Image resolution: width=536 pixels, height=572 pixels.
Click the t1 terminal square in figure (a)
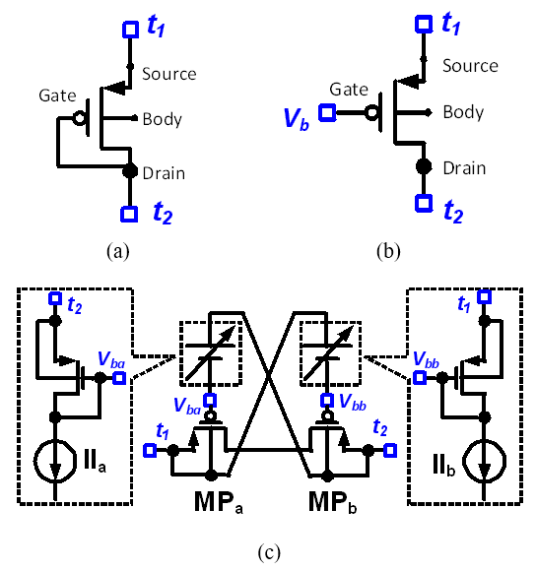[x=130, y=30]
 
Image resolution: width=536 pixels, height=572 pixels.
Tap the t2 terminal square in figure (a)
[x=129, y=214]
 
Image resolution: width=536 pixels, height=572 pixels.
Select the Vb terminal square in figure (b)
[x=327, y=112]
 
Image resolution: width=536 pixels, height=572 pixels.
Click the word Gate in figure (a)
[x=57, y=95]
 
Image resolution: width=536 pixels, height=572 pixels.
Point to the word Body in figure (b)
[x=463, y=112]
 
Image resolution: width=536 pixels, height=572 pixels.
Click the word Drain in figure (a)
[x=164, y=173]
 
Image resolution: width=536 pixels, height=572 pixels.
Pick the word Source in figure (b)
[x=470, y=66]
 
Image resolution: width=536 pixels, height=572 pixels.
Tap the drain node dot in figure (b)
[x=424, y=166]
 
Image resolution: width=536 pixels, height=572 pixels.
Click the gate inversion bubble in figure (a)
[x=79, y=118]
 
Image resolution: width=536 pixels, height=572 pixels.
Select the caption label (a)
[x=118, y=251]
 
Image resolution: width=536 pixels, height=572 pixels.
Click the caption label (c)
[x=269, y=552]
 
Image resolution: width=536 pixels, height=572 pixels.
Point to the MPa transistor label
[x=219, y=503]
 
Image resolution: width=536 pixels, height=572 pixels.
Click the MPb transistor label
[x=332, y=503]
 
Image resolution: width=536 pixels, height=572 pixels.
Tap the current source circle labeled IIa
[x=55, y=462]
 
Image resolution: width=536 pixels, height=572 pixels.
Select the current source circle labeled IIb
[x=485, y=461]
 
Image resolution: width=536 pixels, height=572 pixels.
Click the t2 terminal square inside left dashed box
[x=55, y=298]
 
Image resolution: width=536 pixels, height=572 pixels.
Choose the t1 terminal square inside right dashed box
[x=485, y=296]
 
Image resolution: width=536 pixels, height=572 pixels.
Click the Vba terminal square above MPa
[x=210, y=400]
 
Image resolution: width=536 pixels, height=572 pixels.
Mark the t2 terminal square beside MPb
[x=390, y=451]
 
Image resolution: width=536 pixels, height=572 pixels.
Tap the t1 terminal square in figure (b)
[x=424, y=24]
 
